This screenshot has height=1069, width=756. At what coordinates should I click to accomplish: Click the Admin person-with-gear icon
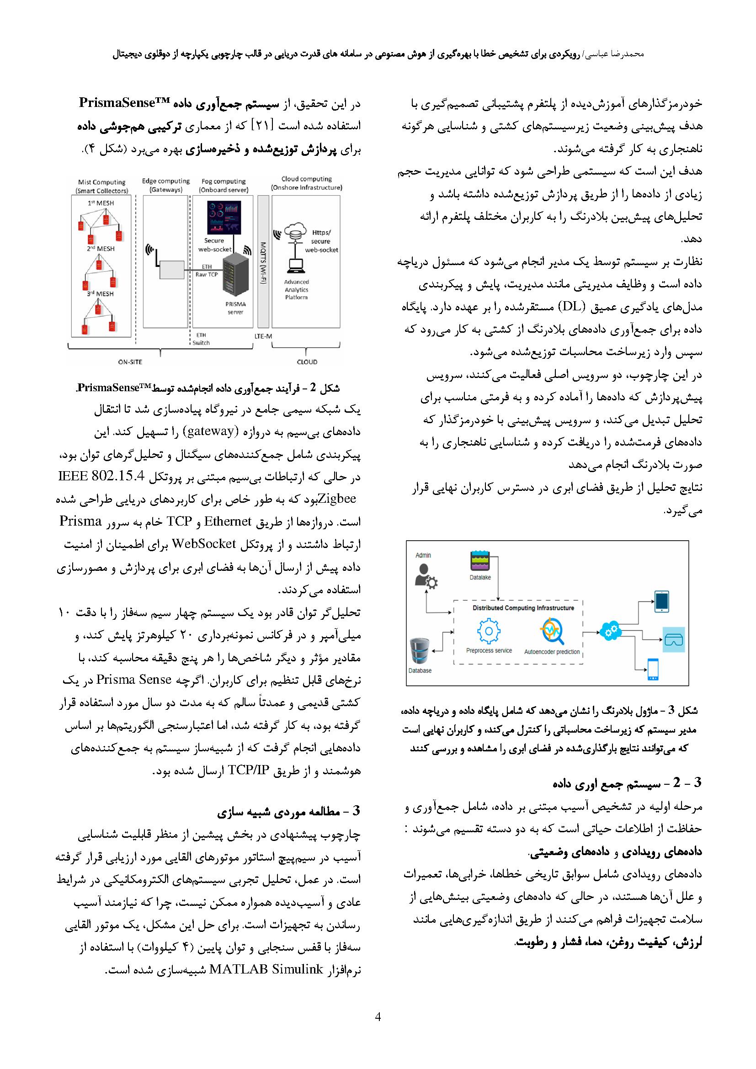pos(425,576)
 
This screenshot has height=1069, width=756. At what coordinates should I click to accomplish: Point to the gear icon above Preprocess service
pos(489,632)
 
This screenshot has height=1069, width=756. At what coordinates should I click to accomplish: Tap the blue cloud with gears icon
pos(610,632)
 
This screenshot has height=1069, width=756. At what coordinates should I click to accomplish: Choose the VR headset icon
pos(673,640)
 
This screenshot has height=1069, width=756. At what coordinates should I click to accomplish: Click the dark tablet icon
pos(661,601)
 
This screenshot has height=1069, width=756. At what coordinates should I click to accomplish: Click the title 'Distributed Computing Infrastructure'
pos(523,607)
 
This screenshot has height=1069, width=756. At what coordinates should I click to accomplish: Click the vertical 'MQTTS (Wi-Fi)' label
pos(263,264)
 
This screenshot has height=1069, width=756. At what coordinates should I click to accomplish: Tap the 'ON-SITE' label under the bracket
pos(130,362)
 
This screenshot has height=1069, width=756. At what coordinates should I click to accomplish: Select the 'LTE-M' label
pos(263,336)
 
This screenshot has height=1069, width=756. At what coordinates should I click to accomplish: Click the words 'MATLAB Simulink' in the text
pos(267,970)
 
